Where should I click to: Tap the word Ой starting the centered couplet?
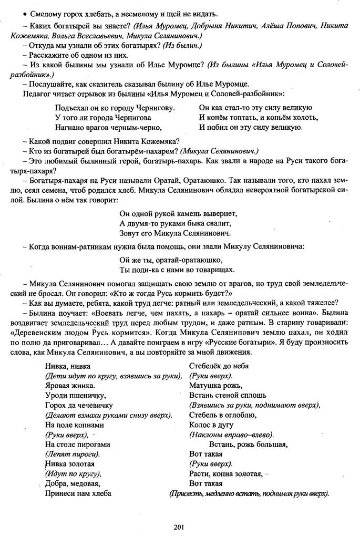(x=125, y=260)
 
